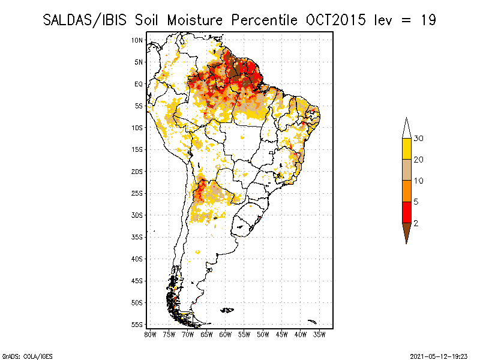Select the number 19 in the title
click(x=428, y=20)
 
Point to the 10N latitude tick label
click(x=137, y=40)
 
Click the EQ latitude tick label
click(x=139, y=84)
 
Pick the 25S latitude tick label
click(x=137, y=193)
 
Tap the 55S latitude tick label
click(x=137, y=324)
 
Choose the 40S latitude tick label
click(x=137, y=259)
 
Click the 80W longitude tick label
click(x=150, y=334)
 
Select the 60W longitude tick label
click(x=226, y=334)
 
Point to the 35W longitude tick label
click(x=320, y=334)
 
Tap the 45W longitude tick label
click(x=282, y=334)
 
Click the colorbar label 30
click(x=419, y=139)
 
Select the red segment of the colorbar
click(x=406, y=212)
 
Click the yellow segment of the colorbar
click(x=406, y=149)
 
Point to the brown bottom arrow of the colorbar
click(x=406, y=231)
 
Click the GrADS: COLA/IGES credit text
click(x=19, y=355)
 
